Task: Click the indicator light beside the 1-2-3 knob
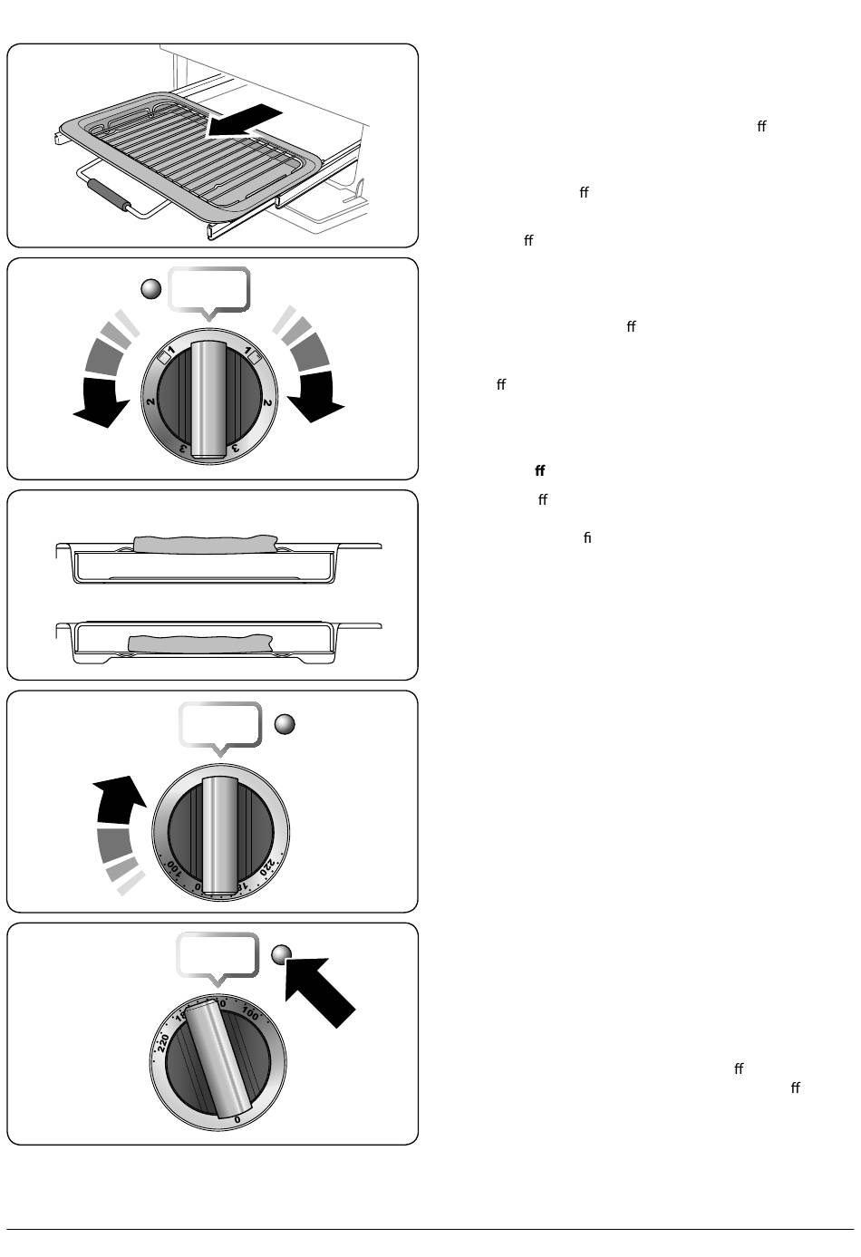(x=151, y=289)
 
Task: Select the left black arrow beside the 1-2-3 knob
(x=101, y=402)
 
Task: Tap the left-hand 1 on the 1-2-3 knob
(x=170, y=350)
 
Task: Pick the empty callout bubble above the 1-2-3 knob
(x=209, y=289)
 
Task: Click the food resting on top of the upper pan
(x=204, y=543)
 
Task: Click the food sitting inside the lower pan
(x=199, y=643)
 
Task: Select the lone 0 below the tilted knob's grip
(x=237, y=1119)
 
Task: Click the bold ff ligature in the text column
(x=540, y=471)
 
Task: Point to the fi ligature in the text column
(x=587, y=538)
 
